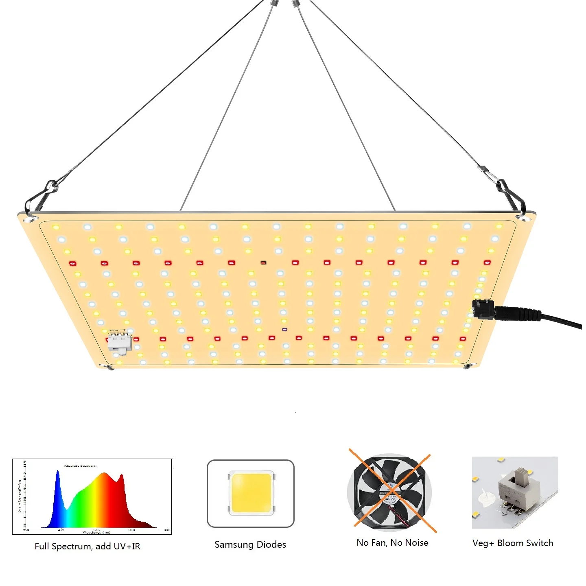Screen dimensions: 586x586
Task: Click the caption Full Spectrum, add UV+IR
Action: [x=87, y=546]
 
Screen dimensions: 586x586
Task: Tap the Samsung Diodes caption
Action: [x=250, y=544]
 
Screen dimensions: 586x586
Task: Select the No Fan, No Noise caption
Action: [x=392, y=542]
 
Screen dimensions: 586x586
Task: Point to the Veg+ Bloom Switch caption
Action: [x=513, y=543]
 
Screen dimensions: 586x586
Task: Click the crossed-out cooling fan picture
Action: [x=390, y=492]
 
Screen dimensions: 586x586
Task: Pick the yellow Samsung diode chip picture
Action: [x=250, y=493]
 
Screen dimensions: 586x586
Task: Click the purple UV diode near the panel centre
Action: [x=284, y=329]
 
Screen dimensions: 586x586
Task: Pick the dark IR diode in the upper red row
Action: [x=263, y=262]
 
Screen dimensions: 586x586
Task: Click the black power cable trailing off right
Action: [x=562, y=319]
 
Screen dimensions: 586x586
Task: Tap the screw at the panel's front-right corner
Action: [x=467, y=366]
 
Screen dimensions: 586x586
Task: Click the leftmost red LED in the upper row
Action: [x=72, y=263]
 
